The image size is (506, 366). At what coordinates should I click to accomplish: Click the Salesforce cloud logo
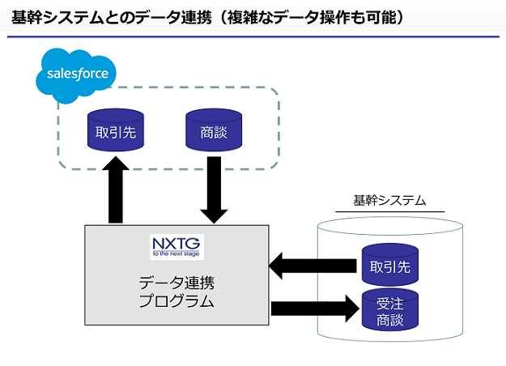pyautogui.click(x=76, y=75)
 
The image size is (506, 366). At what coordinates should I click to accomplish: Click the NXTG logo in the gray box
pyautogui.click(x=176, y=247)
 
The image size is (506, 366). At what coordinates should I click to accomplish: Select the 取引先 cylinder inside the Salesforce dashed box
pyautogui.click(x=116, y=130)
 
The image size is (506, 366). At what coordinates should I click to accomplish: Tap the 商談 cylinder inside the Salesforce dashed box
pyautogui.click(x=214, y=130)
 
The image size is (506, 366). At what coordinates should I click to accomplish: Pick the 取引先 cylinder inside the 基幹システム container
pyautogui.click(x=390, y=265)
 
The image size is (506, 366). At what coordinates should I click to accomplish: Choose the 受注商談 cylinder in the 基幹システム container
pyautogui.click(x=390, y=310)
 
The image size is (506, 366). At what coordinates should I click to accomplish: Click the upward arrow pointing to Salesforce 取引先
pyautogui.click(x=116, y=189)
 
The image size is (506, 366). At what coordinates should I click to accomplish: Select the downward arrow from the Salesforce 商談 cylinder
pyautogui.click(x=214, y=190)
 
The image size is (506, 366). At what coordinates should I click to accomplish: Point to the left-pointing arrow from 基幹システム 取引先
pyautogui.click(x=313, y=266)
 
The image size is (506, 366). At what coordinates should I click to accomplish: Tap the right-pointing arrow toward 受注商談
pyautogui.click(x=315, y=309)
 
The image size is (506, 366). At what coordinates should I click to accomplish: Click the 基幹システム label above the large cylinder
pyautogui.click(x=390, y=201)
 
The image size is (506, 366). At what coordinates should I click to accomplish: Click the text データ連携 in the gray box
pyautogui.click(x=176, y=283)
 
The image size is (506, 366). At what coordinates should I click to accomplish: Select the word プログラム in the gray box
pyautogui.click(x=176, y=300)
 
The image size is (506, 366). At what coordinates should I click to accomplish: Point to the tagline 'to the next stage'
pyautogui.click(x=176, y=253)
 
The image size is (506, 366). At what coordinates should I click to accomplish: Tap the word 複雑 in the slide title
pyautogui.click(x=243, y=17)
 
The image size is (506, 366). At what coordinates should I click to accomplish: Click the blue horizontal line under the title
pyautogui.click(x=253, y=36)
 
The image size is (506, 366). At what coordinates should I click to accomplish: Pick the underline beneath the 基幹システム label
pyautogui.click(x=390, y=211)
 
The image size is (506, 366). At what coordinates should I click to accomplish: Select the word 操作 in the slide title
pyautogui.click(x=334, y=17)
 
